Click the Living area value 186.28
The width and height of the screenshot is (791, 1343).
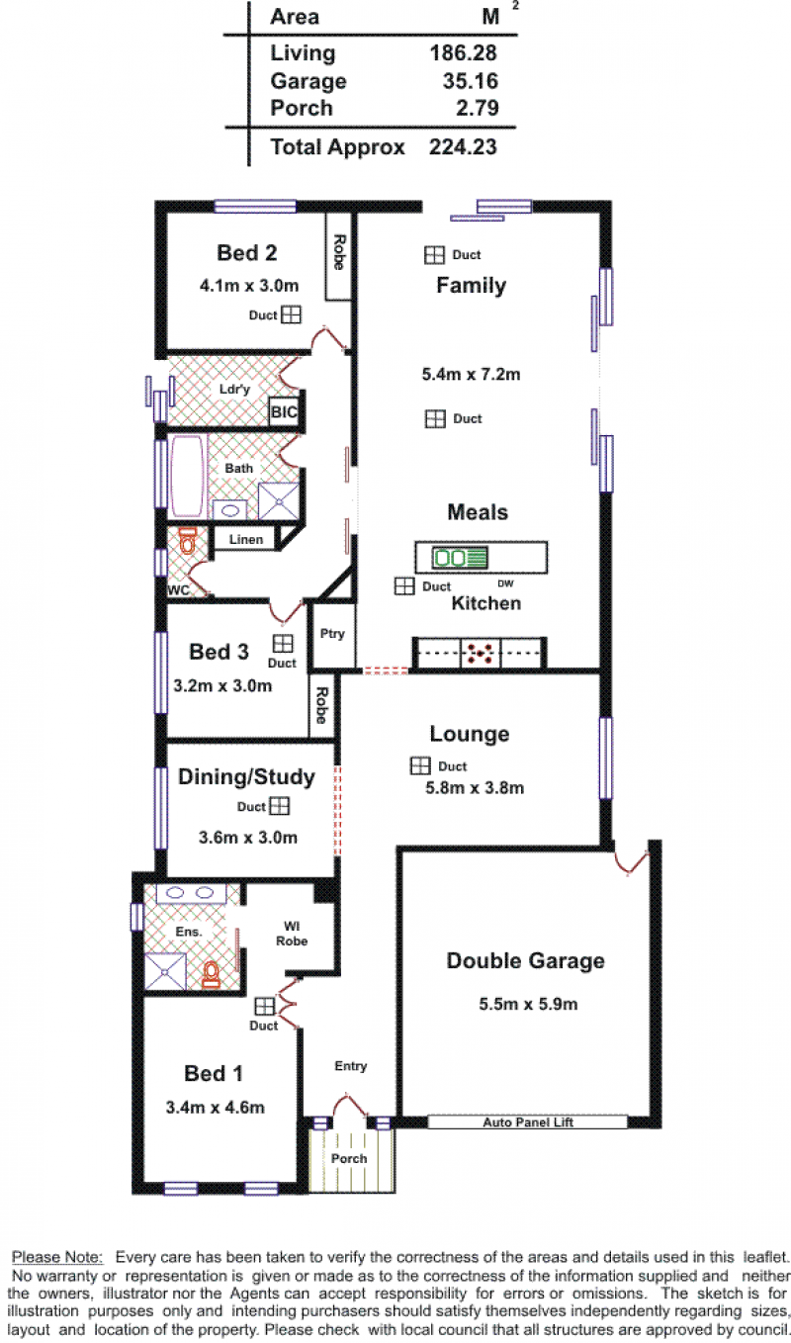coord(463,52)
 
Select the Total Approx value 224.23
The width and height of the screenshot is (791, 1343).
coord(463,147)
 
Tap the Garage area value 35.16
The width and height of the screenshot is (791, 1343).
coord(471,81)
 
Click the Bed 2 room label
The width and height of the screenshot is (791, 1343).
coord(247,253)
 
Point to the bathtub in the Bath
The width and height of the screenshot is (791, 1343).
coord(187,476)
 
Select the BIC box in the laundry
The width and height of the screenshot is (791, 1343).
coord(284,411)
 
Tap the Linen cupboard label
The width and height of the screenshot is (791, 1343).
coord(246,540)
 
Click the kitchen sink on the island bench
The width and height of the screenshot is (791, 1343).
coord(460,558)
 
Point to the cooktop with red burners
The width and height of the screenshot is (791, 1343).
coord(480,653)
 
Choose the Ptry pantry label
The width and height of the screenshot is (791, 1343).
coord(332,634)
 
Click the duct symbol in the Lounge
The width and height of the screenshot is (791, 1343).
coord(420,765)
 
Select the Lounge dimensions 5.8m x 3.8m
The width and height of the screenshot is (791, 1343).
coord(475,788)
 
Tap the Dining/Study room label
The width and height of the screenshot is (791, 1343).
coord(246,777)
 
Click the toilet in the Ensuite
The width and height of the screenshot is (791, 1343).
coord(211,974)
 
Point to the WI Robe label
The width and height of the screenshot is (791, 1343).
coord(292,935)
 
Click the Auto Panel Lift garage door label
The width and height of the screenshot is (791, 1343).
coord(528,1122)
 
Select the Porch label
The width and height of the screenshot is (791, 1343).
coord(349,1158)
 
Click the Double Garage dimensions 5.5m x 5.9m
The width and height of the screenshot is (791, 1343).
coord(528,1004)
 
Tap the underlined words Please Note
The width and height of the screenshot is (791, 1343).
coord(57,1257)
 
